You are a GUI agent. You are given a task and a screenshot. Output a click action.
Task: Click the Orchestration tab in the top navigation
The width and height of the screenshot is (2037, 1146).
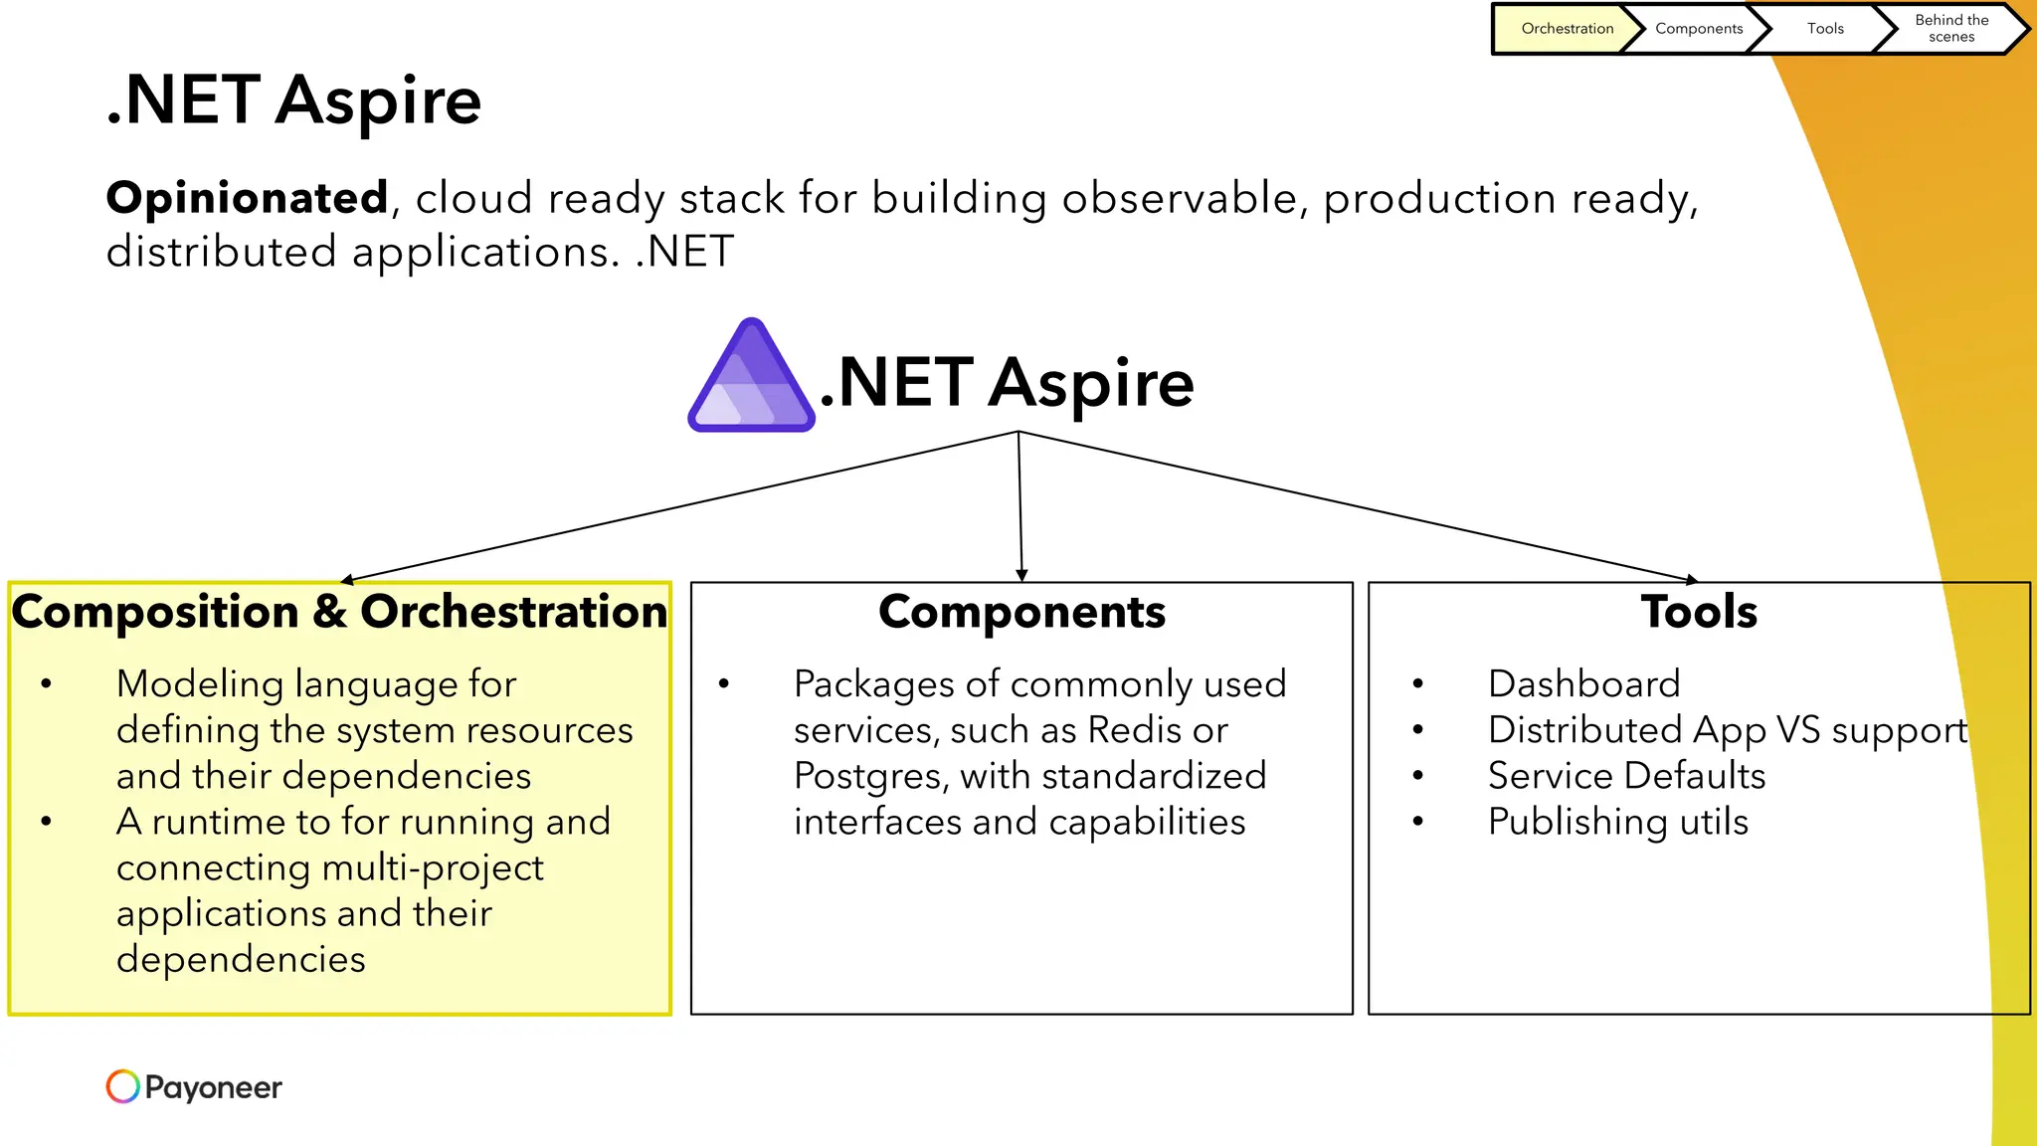pyautogui.click(x=1567, y=29)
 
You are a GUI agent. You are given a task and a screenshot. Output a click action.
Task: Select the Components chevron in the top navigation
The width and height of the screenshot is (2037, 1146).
pyautogui.click(x=1698, y=29)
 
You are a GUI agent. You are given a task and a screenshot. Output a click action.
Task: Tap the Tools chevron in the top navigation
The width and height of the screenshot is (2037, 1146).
pyautogui.click(x=1824, y=29)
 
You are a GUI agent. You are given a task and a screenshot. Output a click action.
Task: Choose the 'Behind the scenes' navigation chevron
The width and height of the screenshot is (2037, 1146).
pyautogui.click(x=1950, y=29)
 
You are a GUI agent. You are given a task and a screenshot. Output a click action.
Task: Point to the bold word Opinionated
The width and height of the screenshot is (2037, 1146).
pyautogui.click(x=247, y=198)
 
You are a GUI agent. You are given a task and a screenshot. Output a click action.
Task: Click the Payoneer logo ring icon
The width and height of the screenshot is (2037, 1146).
pyautogui.click(x=123, y=1086)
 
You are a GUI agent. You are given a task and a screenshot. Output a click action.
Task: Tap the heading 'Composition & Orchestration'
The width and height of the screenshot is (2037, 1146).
pyautogui.click(x=339, y=612)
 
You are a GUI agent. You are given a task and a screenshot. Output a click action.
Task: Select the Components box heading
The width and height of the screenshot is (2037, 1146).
pyautogui.click(x=1021, y=612)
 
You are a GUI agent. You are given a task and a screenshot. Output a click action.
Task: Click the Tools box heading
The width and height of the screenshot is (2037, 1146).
pyautogui.click(x=1699, y=612)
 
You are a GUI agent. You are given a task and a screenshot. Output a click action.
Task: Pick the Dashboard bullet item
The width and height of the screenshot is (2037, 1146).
pyautogui.click(x=1583, y=684)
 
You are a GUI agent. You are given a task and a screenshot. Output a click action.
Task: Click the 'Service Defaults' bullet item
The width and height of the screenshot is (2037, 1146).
pyautogui.click(x=1626, y=776)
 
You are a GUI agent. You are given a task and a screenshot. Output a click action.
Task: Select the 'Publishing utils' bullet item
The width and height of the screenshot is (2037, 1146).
pyautogui.click(x=1617, y=822)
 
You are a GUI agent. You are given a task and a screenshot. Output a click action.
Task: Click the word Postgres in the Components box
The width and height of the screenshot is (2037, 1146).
pyautogui.click(x=869, y=776)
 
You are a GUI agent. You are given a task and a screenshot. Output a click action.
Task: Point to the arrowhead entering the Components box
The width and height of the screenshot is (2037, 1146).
pyautogui.click(x=1021, y=575)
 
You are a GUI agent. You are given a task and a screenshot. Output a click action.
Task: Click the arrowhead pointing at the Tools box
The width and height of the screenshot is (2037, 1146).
pyautogui.click(x=1692, y=579)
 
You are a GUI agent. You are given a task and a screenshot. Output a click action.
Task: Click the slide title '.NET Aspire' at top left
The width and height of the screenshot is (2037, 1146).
pyautogui.click(x=293, y=100)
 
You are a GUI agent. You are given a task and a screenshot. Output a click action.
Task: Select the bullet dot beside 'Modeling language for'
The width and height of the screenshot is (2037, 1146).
pyautogui.click(x=47, y=684)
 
